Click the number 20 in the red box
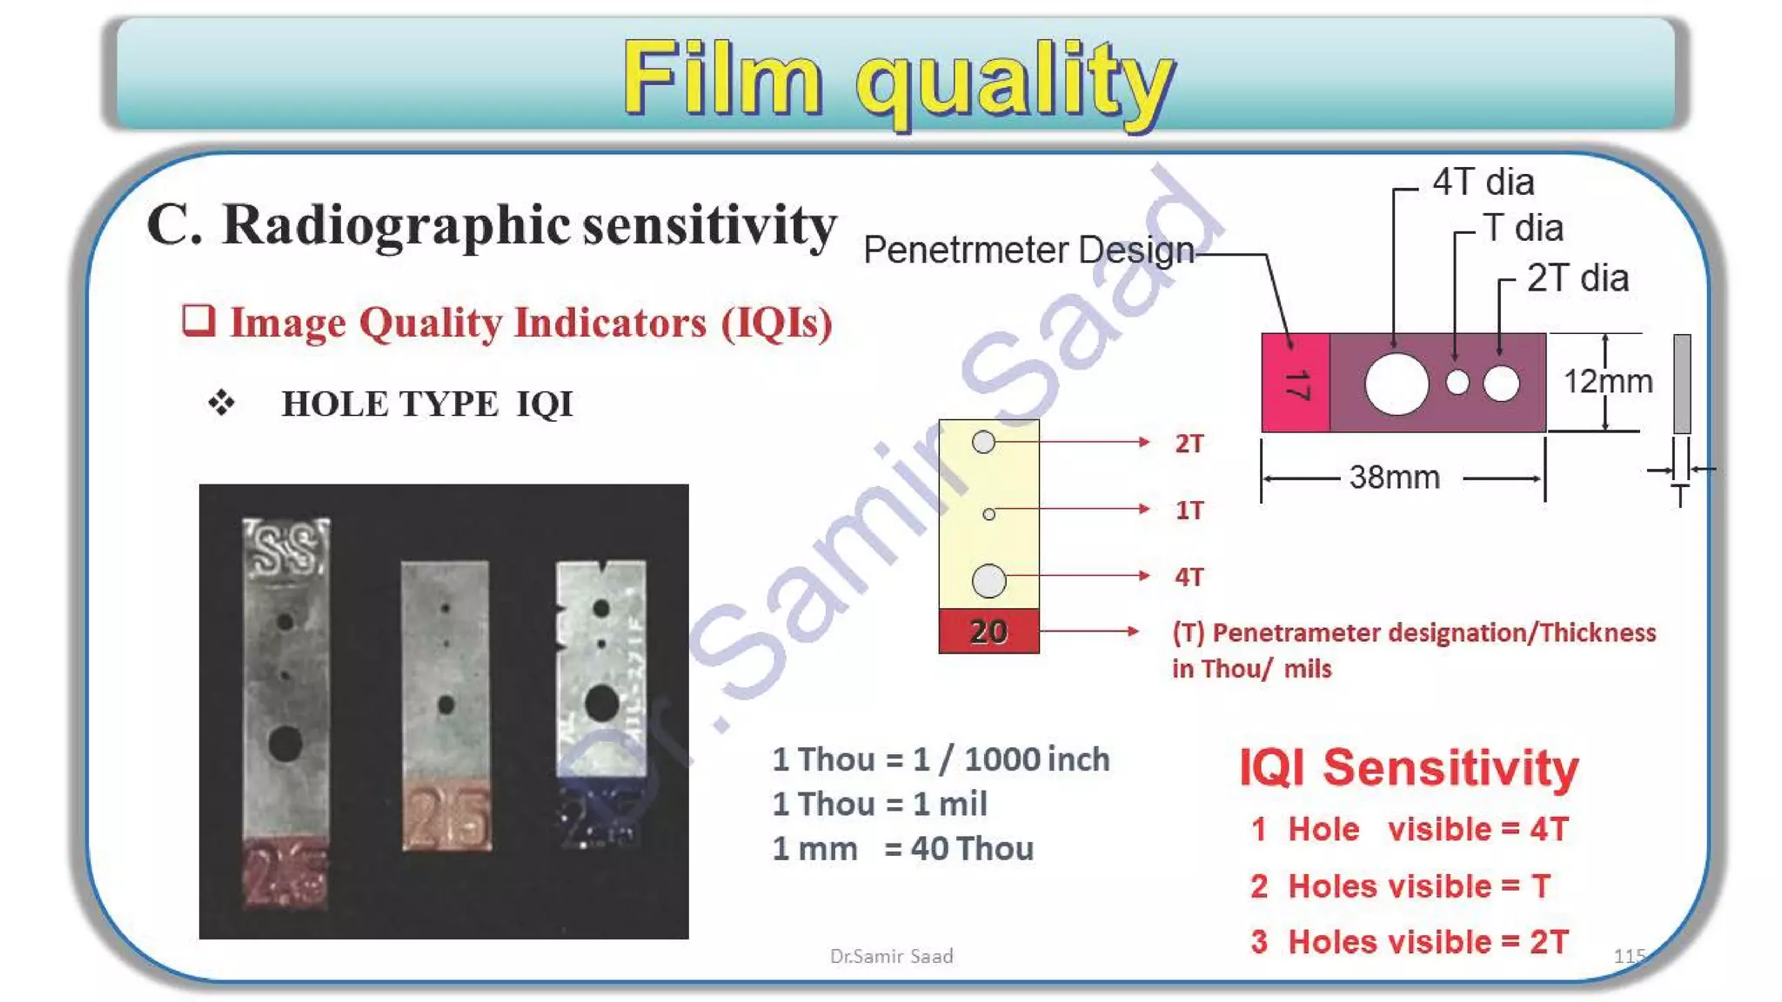pos(988,631)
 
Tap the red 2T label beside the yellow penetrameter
pos(1189,444)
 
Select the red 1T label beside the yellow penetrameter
pos(1189,511)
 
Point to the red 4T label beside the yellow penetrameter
pos(1189,577)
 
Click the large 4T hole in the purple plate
pos(1397,383)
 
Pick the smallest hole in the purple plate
pos(1457,383)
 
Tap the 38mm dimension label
pos(1394,478)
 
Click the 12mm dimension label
pos(1608,381)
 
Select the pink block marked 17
pos(1296,383)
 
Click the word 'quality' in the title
pos(1015,80)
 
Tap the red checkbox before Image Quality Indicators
pos(198,320)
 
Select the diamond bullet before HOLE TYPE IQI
pos(222,403)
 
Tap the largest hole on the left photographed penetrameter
pos(285,744)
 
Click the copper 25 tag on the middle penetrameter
pos(446,815)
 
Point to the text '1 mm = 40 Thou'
pos(902,849)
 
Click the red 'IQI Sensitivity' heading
pos(1408,768)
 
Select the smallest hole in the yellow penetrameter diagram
pos(988,515)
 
